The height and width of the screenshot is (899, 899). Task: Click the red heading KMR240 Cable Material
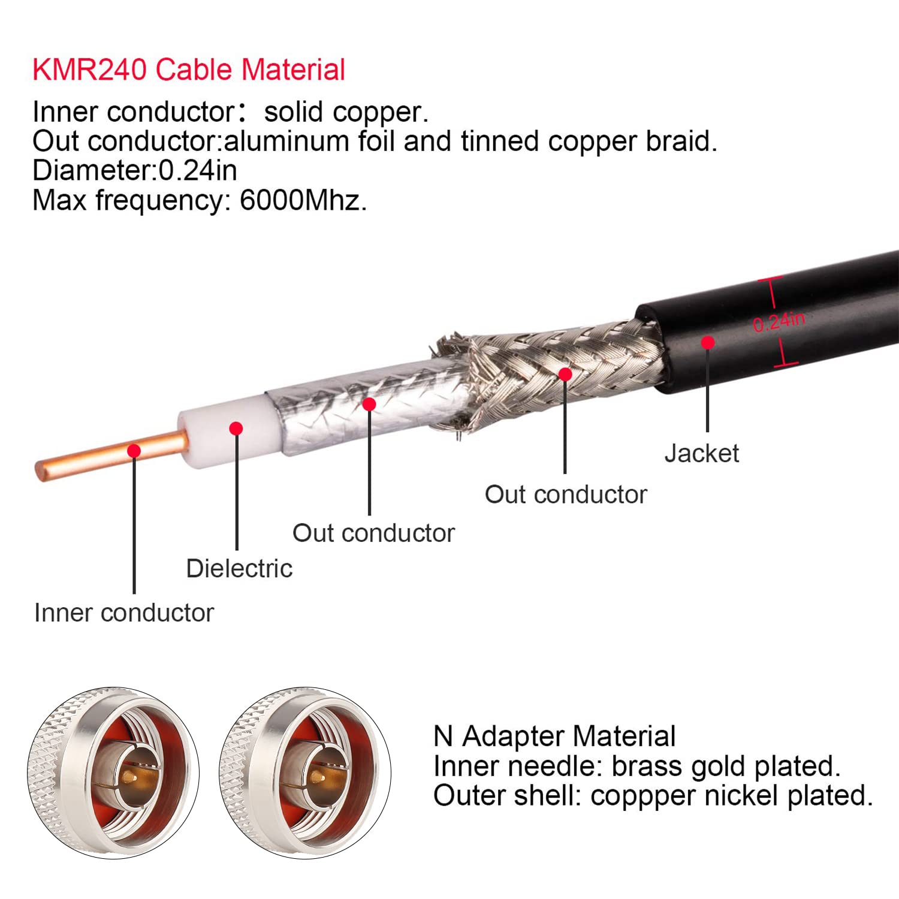[188, 70]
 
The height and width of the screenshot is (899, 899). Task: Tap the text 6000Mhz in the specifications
[302, 200]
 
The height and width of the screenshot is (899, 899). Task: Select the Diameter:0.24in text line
[134, 170]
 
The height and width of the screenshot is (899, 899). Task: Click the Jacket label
[701, 453]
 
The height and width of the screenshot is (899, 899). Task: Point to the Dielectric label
[239, 568]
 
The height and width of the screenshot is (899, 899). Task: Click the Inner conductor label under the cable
[123, 613]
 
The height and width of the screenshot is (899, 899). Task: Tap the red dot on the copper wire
[135, 451]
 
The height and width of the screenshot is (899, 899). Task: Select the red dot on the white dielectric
[236, 429]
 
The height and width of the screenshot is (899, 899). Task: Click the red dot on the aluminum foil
[369, 404]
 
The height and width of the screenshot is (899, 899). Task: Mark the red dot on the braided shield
[565, 375]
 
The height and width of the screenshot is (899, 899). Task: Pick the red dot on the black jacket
[708, 342]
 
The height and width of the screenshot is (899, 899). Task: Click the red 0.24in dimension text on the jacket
[779, 322]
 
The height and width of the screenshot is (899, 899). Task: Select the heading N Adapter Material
[554, 736]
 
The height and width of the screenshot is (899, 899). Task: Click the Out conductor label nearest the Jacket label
[565, 494]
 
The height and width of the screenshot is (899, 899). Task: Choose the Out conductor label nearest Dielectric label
[373, 533]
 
